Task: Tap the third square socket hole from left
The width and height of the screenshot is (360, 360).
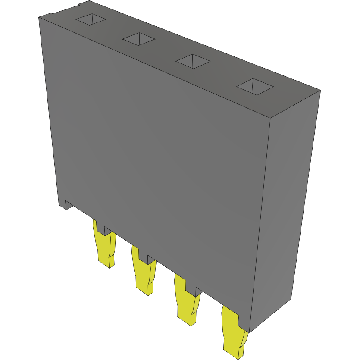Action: pos(193,61)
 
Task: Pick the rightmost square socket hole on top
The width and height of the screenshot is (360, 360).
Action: pos(255,87)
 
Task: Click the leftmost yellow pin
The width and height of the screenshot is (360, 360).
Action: pos(104,248)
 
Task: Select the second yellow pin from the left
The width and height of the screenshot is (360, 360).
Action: pos(144,273)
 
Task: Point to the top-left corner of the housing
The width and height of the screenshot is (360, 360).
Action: pos(39,17)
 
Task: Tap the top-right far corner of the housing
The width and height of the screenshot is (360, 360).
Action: pos(320,90)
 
